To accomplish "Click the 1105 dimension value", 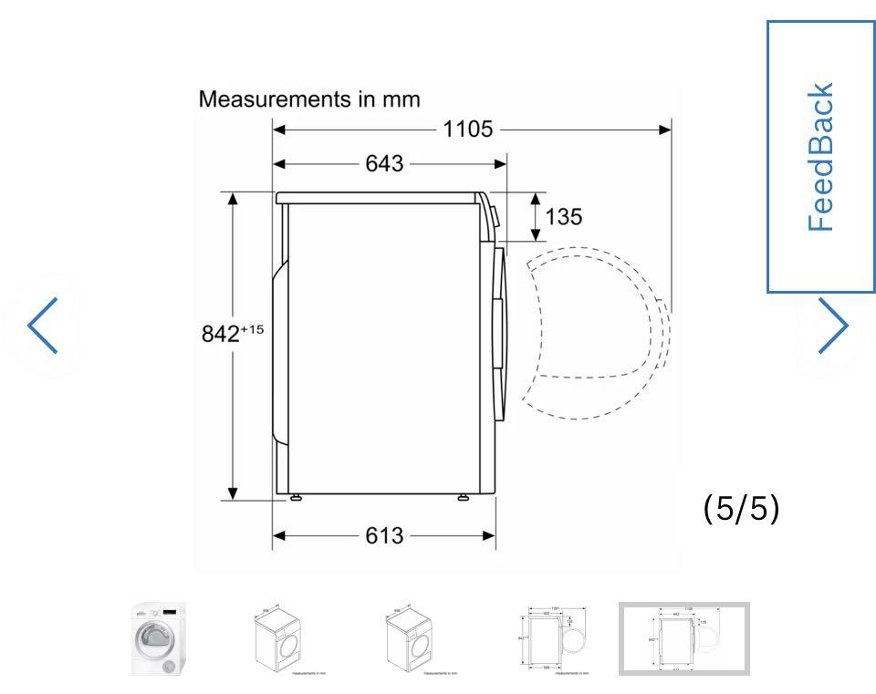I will tap(467, 129).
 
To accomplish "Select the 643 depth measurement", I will tap(384, 164).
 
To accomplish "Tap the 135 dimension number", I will tap(564, 216).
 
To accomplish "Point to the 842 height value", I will tap(220, 335).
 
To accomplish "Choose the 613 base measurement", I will tap(384, 536).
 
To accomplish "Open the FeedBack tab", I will tap(820, 156).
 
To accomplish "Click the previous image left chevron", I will tap(43, 325).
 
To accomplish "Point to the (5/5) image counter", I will tap(741, 510).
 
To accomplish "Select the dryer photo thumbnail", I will tap(159, 638).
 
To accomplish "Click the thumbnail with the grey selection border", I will tap(684, 638).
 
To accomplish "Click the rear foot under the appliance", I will tap(296, 498).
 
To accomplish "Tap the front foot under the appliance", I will tap(464, 498).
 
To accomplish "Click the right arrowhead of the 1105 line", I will tap(665, 129).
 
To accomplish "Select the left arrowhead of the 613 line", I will tap(279, 536).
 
